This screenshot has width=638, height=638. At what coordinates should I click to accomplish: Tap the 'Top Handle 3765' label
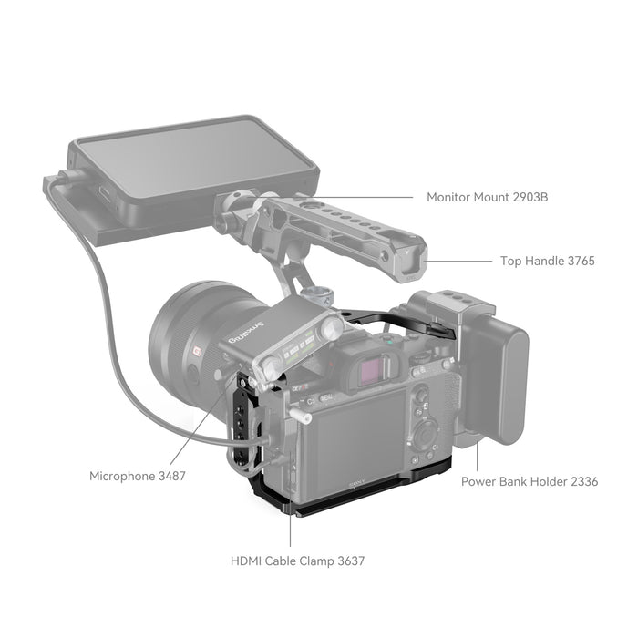pos(547,261)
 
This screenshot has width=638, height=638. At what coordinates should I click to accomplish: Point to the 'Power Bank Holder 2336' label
pos(530,481)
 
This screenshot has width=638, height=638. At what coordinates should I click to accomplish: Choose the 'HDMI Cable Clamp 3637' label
pos(298,561)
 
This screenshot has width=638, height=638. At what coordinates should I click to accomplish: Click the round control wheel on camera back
pos(426,429)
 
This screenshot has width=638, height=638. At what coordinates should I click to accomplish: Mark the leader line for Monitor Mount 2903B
pos(365,196)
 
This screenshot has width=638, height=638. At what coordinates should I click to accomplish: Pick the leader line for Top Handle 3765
pos(460,261)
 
